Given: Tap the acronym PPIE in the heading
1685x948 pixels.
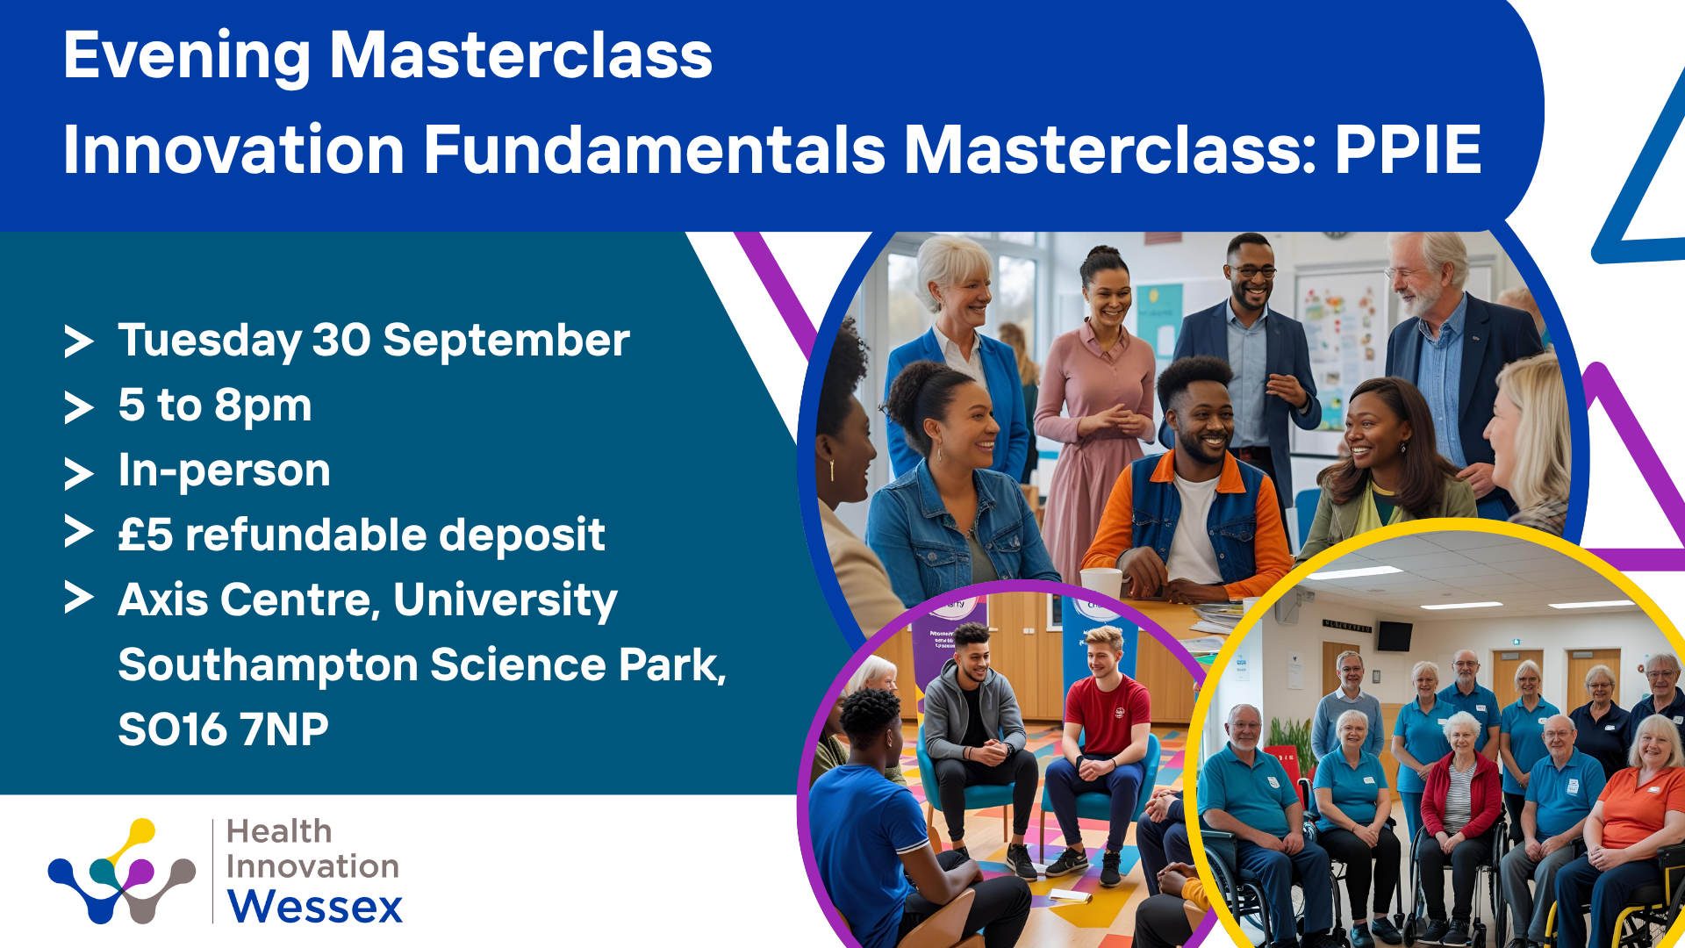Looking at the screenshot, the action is click(x=1409, y=149).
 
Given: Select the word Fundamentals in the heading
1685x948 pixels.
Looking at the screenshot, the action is click(x=655, y=149).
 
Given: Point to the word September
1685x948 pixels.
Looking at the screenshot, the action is click(x=506, y=341).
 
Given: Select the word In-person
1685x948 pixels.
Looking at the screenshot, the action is click(x=225, y=470).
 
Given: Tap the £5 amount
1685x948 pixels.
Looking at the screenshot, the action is click(x=146, y=535).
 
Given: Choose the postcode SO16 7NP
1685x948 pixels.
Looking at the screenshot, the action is click(x=224, y=729).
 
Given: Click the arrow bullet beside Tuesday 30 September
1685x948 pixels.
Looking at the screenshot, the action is click(x=79, y=341).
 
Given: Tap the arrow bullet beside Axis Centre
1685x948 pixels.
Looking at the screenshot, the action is click(x=79, y=598).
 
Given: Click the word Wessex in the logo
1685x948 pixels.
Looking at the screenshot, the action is click(x=315, y=907).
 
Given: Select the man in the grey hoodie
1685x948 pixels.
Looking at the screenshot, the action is click(x=976, y=746).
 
